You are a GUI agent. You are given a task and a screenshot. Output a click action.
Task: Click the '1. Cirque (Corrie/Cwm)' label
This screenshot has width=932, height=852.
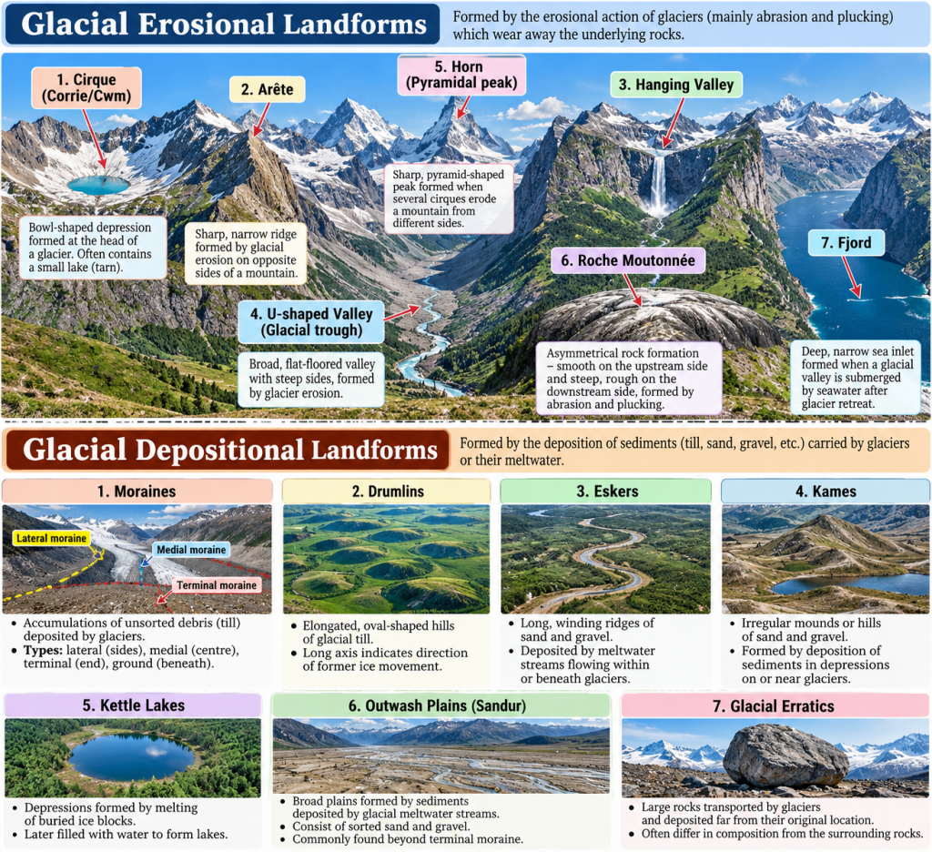tap(86, 88)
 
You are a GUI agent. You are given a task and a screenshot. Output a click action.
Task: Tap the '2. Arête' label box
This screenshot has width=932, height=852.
tap(268, 89)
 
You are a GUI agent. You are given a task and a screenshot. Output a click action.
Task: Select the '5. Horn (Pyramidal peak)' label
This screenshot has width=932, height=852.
tap(461, 75)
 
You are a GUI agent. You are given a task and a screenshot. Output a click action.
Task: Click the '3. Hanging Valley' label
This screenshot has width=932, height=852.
tap(676, 85)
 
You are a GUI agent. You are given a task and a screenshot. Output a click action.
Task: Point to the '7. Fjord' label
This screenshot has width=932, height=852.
tap(846, 242)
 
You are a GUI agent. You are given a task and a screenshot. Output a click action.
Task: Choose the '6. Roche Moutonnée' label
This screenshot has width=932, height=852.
tap(628, 260)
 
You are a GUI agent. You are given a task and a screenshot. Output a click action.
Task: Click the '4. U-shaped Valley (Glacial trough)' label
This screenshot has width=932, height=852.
tap(311, 321)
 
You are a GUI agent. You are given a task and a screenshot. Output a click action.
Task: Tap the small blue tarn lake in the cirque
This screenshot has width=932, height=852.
tap(98, 185)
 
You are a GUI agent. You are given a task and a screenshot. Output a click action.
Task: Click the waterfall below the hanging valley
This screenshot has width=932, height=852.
tap(658, 184)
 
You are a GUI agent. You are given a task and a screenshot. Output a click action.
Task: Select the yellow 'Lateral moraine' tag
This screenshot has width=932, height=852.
tap(52, 538)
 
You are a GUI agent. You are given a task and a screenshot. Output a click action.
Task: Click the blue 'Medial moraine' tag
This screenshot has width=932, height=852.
tap(191, 550)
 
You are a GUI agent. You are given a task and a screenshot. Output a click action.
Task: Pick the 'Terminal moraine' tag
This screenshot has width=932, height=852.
tap(217, 585)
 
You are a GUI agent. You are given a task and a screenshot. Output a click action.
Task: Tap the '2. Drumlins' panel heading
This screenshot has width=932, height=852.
tap(388, 492)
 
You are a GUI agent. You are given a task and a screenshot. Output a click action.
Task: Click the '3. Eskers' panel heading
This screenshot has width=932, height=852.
tap(606, 492)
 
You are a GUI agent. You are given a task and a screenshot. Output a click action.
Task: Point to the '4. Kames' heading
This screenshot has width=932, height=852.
tap(826, 492)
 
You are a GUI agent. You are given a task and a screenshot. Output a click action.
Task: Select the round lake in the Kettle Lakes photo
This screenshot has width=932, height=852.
tap(131, 757)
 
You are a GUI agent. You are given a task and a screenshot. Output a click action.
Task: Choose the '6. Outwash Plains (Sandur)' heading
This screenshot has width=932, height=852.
tap(438, 705)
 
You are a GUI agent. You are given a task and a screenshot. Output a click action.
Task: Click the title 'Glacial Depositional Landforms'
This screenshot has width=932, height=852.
tap(230, 450)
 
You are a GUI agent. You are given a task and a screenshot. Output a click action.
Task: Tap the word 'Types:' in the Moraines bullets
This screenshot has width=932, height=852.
tap(43, 650)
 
